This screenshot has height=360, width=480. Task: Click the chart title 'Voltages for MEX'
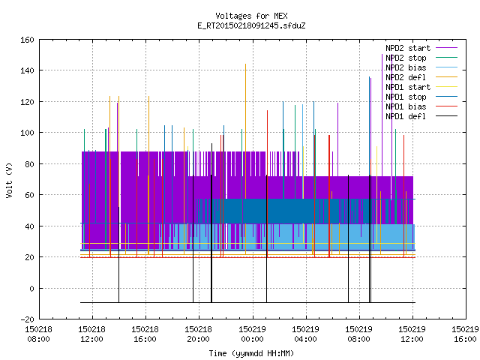pyautogui.click(x=251, y=16)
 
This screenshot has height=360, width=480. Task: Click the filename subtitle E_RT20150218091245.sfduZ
pyautogui.click(x=251, y=25)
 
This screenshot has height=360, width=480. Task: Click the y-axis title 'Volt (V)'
pyautogui.click(x=10, y=180)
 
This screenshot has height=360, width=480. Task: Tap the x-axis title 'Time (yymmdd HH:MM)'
pyautogui.click(x=251, y=353)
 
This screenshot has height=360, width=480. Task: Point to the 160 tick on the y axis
pyautogui.click(x=27, y=40)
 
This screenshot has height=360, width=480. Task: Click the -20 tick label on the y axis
pyautogui.click(x=27, y=319)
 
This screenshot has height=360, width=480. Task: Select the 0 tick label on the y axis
pyautogui.click(x=31, y=288)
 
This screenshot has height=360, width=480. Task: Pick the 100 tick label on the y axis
pyautogui.click(x=27, y=133)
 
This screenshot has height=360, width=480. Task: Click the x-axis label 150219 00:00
pyautogui.click(x=252, y=334)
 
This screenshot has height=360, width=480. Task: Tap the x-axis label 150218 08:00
pyautogui.click(x=38, y=334)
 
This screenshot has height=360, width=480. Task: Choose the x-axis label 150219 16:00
pyautogui.click(x=465, y=334)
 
